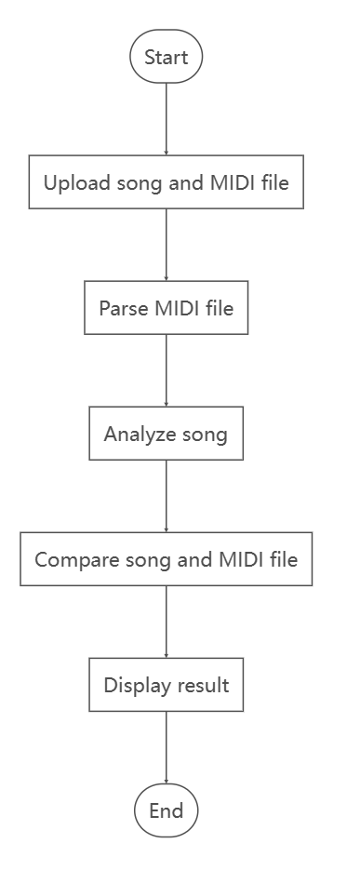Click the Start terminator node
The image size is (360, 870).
(x=166, y=57)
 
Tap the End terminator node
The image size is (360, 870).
(x=166, y=810)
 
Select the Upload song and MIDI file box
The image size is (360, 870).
(x=166, y=182)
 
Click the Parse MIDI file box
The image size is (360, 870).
(x=166, y=308)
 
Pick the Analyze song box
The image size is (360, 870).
(x=166, y=434)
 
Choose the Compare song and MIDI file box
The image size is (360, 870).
(x=166, y=559)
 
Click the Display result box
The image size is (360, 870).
(x=166, y=686)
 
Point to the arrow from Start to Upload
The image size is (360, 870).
(x=166, y=119)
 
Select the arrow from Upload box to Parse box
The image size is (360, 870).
(x=166, y=245)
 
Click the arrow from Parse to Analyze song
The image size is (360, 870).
(x=166, y=370)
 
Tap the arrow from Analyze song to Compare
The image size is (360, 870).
(x=166, y=496)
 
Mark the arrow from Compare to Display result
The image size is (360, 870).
(x=166, y=622)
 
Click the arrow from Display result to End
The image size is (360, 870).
(x=166, y=748)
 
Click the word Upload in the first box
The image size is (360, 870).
(x=77, y=183)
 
